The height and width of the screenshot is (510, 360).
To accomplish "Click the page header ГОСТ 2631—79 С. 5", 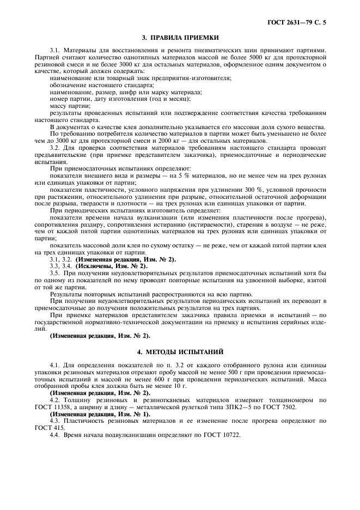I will pos(301,23).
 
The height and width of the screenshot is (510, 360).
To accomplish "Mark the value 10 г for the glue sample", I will pos(179,385).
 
